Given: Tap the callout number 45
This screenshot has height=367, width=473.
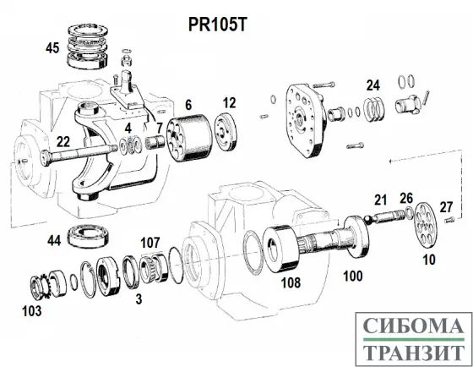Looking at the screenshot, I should [x=52, y=49].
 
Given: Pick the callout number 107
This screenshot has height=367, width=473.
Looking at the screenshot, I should [x=150, y=244].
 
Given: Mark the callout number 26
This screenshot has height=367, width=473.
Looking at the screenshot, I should [x=406, y=200].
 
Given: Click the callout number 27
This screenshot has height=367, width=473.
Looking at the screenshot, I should [x=447, y=205].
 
